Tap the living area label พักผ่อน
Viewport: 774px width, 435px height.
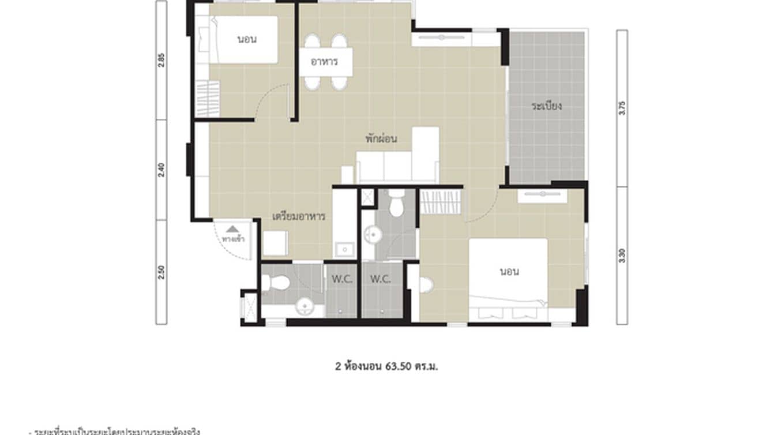(x=381, y=139)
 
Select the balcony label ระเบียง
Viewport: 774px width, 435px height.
(x=547, y=106)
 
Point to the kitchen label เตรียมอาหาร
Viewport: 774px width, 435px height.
(x=299, y=217)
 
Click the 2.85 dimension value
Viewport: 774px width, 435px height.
(x=161, y=60)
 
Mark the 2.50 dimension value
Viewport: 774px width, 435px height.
(x=161, y=271)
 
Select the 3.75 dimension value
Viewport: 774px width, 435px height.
(x=622, y=108)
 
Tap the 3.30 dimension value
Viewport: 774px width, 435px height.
(x=622, y=255)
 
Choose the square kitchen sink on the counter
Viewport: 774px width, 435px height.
(x=345, y=249)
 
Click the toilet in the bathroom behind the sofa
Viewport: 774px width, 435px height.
(x=396, y=207)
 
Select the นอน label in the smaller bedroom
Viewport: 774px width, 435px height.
(x=247, y=40)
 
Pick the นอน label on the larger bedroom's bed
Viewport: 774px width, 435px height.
(x=509, y=271)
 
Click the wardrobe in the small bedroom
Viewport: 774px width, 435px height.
(x=208, y=99)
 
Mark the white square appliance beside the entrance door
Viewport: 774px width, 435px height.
(x=276, y=243)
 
